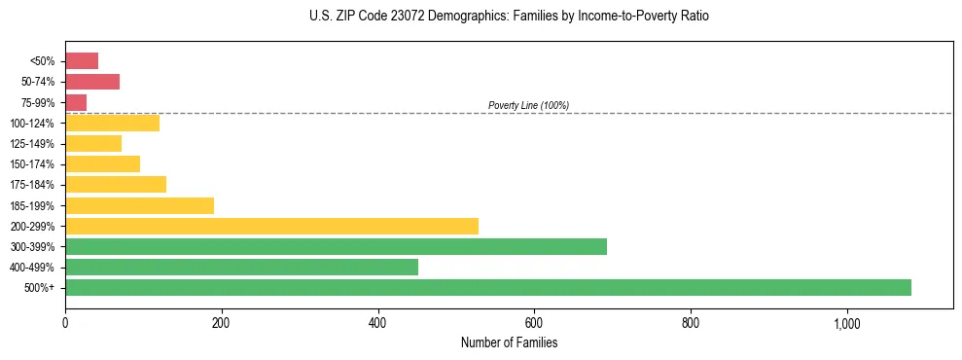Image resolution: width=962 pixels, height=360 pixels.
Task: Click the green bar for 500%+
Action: click(487, 287)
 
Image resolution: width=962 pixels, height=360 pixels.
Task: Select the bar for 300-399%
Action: click(336, 246)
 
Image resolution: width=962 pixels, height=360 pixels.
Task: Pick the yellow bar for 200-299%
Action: click(271, 226)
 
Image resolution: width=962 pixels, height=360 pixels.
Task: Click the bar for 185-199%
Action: click(139, 205)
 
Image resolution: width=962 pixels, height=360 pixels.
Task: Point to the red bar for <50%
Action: click(82, 60)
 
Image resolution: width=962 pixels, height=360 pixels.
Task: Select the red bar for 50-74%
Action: click(92, 82)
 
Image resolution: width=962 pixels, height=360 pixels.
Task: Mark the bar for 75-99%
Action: click(76, 102)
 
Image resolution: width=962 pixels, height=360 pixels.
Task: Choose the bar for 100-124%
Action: click(112, 123)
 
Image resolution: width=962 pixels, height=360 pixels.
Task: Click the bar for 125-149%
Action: click(93, 143)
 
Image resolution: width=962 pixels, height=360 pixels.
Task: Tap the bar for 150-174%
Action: click(102, 163)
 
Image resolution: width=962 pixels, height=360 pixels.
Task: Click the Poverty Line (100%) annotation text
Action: click(528, 105)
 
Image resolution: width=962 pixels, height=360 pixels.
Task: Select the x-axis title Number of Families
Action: click(509, 342)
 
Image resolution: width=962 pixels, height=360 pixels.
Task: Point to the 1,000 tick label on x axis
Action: click(846, 323)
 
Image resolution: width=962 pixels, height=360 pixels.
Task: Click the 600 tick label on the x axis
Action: click(534, 323)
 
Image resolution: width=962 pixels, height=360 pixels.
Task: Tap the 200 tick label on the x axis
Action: click(222, 323)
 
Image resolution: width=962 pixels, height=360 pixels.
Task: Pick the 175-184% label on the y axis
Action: click(32, 185)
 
